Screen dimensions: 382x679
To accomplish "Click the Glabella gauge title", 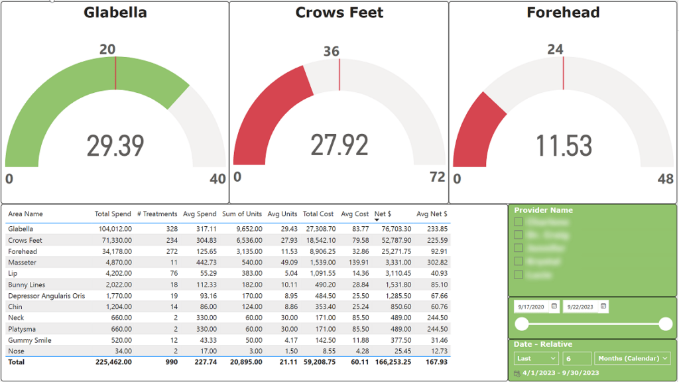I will click(115, 13).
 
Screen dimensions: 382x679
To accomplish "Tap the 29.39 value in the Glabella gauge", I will click(115, 145).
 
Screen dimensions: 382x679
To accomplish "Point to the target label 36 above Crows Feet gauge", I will click(332, 51).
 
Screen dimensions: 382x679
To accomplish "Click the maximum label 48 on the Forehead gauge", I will click(665, 179).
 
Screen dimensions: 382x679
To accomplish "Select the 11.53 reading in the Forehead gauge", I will click(564, 145).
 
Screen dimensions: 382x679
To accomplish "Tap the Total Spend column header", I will click(113, 214).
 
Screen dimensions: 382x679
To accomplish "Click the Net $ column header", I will click(383, 214).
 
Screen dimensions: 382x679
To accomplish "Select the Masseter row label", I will click(23, 263).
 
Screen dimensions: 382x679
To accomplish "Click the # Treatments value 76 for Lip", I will click(173, 273).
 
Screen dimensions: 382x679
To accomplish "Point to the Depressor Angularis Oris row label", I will click(46, 296).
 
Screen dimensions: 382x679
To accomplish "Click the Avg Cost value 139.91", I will click(357, 263).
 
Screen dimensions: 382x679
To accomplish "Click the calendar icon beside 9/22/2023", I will click(603, 306).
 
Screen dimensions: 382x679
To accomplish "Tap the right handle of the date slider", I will click(666, 324).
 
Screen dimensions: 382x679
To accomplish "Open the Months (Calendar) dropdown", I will click(633, 358).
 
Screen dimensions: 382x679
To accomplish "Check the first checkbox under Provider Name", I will click(519, 222).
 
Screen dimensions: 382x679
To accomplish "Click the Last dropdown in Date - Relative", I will click(536, 358).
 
